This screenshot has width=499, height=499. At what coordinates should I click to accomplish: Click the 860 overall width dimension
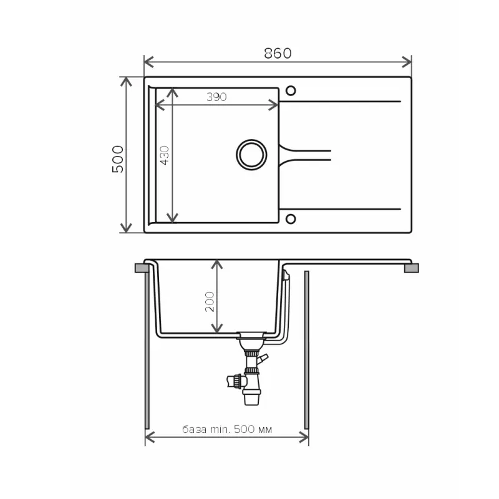point(278,54)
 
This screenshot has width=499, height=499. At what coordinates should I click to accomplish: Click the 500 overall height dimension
point(118,159)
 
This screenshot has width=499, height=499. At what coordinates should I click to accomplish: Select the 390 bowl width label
point(216,97)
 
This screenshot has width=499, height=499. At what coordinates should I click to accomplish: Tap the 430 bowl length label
point(165,155)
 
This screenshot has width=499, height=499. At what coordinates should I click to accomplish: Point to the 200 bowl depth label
point(210,301)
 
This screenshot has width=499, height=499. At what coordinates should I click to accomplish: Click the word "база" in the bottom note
point(194,430)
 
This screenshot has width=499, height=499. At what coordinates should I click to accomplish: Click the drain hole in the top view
point(251,155)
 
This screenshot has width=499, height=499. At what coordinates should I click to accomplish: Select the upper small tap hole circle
point(291,90)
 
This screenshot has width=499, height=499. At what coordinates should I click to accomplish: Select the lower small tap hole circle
point(291,219)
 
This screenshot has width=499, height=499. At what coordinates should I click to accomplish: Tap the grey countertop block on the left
point(142,268)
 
